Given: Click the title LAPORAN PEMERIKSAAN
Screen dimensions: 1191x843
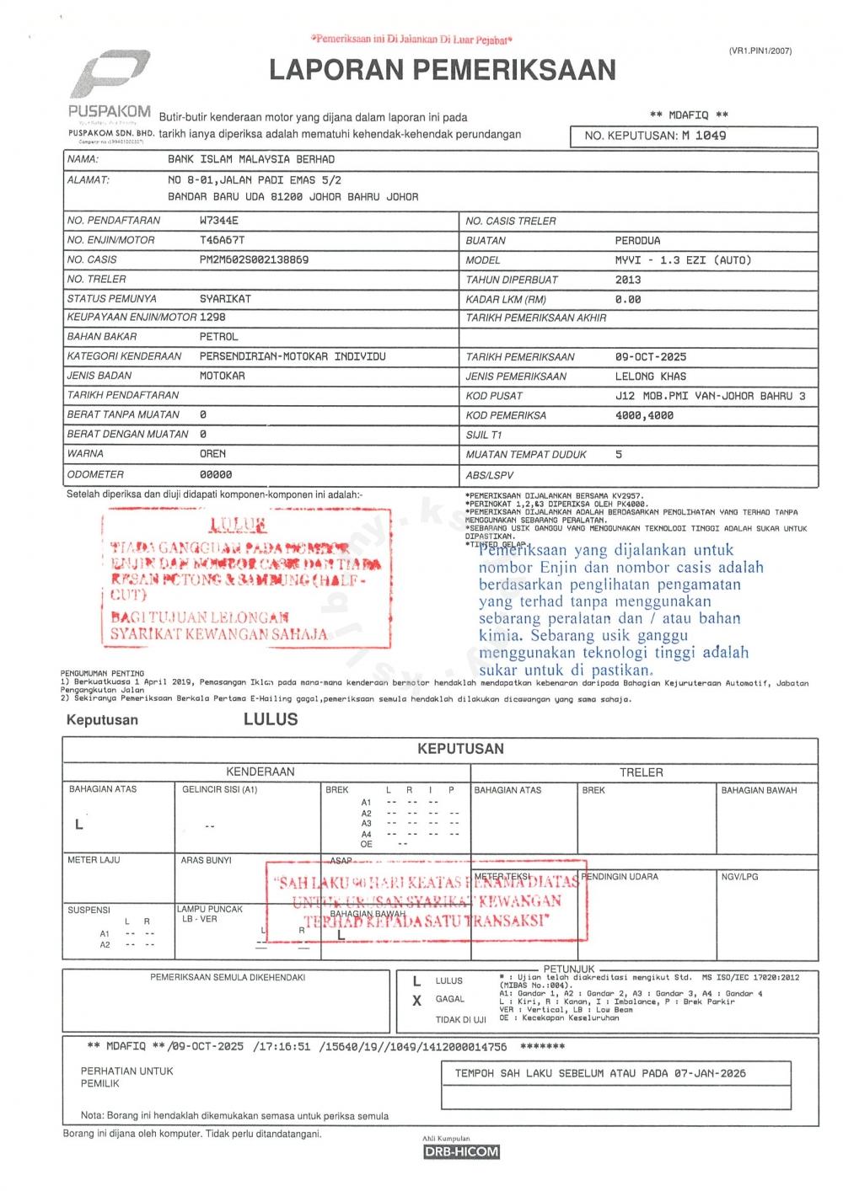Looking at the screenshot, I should [x=443, y=70].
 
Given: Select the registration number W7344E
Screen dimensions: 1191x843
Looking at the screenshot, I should [x=219, y=221].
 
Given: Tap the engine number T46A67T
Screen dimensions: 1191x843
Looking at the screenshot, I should [x=222, y=240].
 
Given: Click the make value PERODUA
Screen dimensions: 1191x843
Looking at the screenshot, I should [x=637, y=241].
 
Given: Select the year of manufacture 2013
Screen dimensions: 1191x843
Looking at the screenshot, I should [x=628, y=280].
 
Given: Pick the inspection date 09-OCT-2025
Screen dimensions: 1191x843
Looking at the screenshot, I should [x=651, y=357].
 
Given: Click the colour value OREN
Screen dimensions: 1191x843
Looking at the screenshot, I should [x=212, y=454].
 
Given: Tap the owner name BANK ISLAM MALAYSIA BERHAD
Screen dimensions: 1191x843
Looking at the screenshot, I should [x=250, y=159].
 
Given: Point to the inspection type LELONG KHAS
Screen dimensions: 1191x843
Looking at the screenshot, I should [x=650, y=377].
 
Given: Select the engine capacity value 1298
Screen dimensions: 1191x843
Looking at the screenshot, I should [x=212, y=318].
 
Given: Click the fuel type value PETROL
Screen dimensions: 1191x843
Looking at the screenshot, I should [x=218, y=337].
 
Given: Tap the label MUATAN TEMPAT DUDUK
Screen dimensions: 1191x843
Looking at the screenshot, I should [x=526, y=455].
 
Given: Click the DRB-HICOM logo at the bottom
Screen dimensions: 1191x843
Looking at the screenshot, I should [x=461, y=1151].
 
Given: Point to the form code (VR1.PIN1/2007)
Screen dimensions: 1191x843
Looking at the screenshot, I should [x=760, y=51].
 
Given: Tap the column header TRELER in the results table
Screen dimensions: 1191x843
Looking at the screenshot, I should [x=641, y=772].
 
